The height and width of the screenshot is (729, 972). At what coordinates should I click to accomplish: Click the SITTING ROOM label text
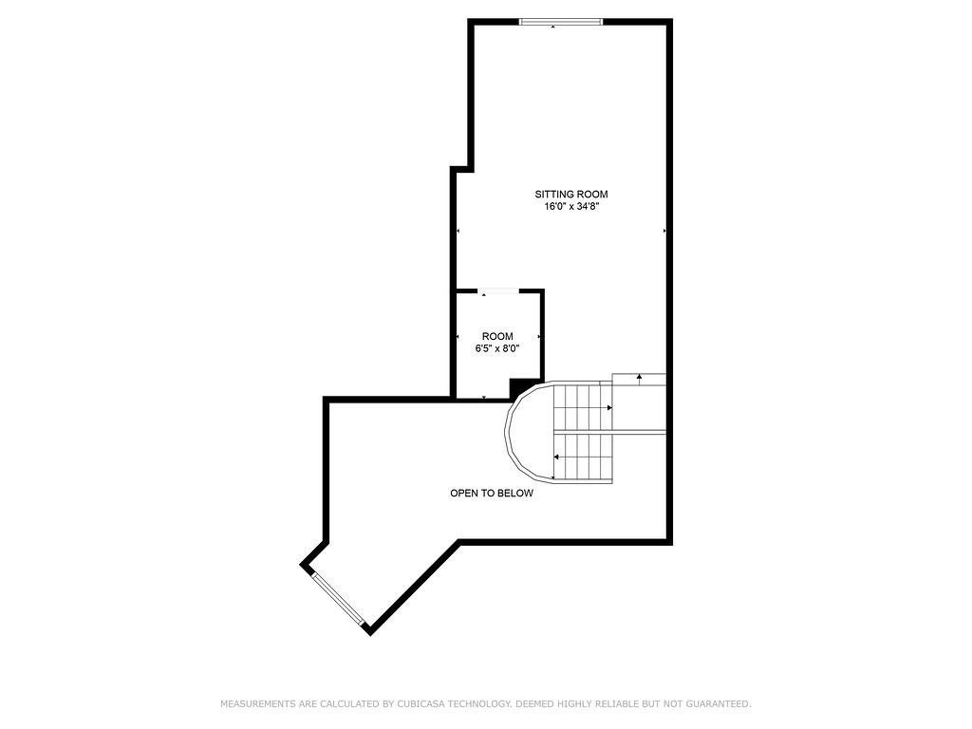click(570, 195)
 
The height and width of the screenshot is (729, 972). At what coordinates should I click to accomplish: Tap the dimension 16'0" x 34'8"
click(570, 207)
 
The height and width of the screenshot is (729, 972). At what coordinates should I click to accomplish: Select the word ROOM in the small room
click(497, 336)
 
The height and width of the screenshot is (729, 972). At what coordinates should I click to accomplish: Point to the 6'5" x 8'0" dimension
click(497, 348)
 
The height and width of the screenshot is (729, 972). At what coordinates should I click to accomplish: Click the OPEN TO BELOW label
click(491, 494)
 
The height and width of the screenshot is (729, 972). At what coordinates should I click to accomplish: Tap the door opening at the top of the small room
click(498, 291)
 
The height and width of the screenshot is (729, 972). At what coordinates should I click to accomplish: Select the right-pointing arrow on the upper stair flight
click(608, 407)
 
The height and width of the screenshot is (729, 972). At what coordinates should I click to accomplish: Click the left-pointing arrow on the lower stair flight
click(556, 458)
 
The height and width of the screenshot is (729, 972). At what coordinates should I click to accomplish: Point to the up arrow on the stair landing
click(639, 377)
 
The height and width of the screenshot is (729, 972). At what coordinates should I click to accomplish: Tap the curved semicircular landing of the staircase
click(524, 433)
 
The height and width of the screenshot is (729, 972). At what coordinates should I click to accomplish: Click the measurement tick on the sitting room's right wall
click(664, 231)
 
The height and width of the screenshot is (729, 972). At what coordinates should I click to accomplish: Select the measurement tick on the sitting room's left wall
click(458, 231)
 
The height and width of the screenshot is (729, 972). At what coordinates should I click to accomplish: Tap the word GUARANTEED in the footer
click(720, 704)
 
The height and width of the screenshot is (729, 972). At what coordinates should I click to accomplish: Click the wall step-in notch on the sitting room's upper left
click(461, 169)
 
